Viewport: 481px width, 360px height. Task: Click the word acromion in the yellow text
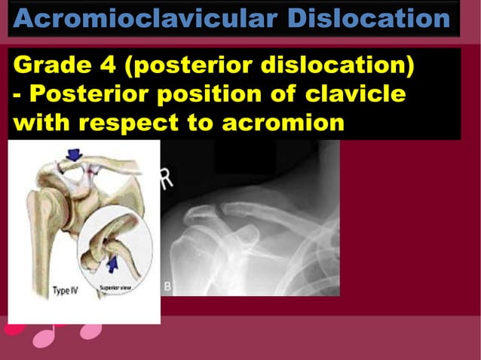pos(283,122)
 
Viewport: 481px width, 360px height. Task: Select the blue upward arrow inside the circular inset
pos(113,264)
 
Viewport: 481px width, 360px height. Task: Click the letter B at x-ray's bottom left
pos(167,286)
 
